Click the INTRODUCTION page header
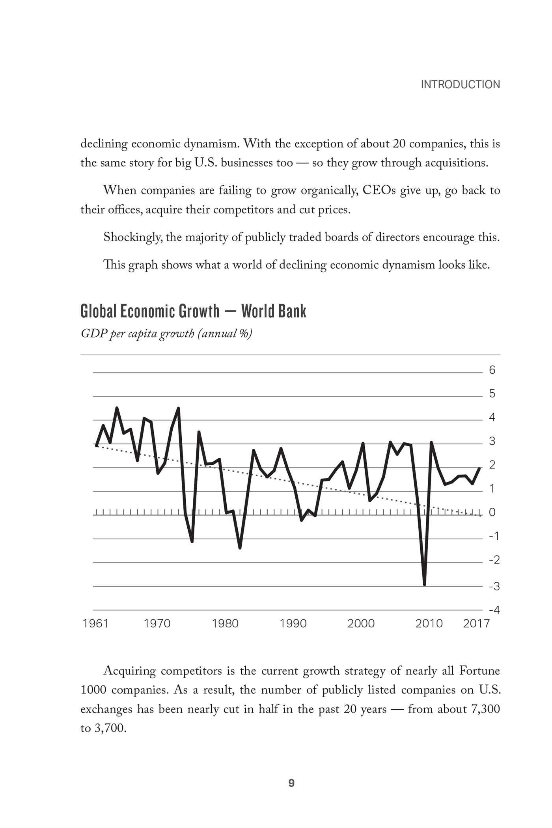coord(460,84)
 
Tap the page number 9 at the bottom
coord(291,783)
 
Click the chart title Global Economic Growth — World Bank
coord(193,311)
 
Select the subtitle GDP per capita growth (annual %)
coord(166,334)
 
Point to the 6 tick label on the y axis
coord(492,370)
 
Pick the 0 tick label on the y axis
coord(492,512)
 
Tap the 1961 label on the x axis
coord(96,623)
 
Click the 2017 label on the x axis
coord(476,623)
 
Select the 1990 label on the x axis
coord(293,623)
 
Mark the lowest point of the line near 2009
coord(424,585)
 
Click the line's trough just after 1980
coord(240,548)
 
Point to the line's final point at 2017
coord(479,468)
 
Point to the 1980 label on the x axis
coord(225,623)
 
